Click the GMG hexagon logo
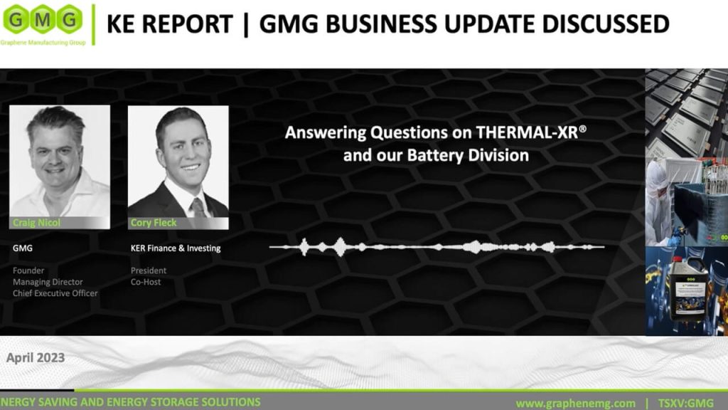[x=43, y=19]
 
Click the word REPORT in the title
[x=187, y=24]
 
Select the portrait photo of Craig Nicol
[x=60, y=167]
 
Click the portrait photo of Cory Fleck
[x=178, y=167]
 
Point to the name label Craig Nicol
[x=37, y=223]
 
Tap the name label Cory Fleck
[x=154, y=223]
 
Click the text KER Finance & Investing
[x=176, y=248]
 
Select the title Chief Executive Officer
[x=55, y=293]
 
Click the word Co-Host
[x=146, y=282]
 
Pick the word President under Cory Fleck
[x=148, y=270]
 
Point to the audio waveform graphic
[x=437, y=247]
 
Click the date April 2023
[x=36, y=357]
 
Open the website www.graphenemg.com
[x=576, y=403]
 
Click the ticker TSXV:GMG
[x=686, y=403]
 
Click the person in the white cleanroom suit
[x=659, y=203]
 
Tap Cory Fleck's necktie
[x=199, y=207]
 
